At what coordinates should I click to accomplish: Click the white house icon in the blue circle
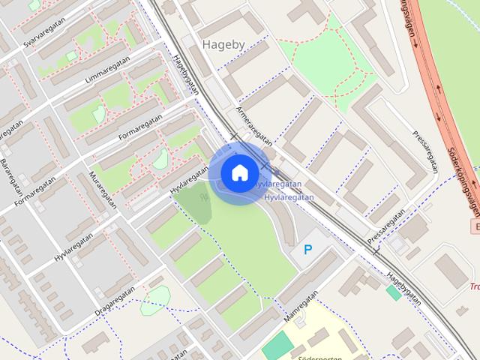pos(239,172)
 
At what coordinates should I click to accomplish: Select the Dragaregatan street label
pos(115,300)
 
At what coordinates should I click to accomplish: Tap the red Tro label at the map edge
pos(474,286)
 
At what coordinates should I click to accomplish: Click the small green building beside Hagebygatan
pos(393,292)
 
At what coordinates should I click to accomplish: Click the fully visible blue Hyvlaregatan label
pos(289,196)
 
